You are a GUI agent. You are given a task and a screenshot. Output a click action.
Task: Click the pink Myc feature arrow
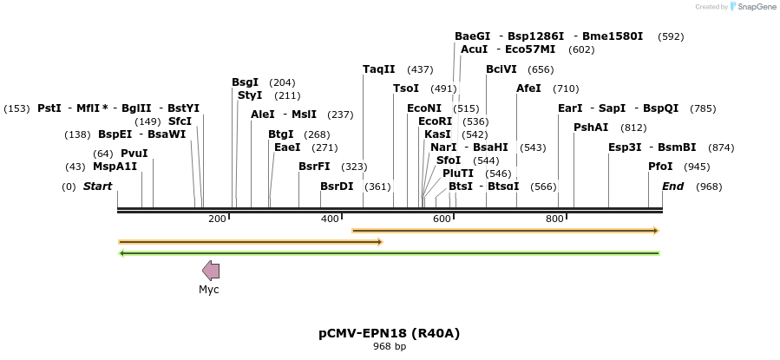coord(211,270)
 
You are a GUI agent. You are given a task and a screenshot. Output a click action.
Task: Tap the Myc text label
coord(209,289)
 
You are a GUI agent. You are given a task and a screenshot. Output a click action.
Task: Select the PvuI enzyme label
coord(134,154)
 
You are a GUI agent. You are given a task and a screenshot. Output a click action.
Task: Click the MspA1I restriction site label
coord(115,167)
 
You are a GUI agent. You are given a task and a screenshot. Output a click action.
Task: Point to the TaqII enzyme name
coord(378,69)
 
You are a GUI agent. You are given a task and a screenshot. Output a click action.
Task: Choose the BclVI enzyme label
coord(501,69)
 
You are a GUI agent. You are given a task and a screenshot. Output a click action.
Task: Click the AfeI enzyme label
coord(528,88)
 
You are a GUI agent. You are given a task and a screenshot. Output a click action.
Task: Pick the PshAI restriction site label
coord(592,128)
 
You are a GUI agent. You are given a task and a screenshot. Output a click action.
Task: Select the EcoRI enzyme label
coord(436,121)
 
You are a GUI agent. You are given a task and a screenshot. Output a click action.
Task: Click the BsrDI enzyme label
coord(338,187)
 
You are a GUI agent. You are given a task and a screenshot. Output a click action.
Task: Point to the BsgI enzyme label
coord(246,82)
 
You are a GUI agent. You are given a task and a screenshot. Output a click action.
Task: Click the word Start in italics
coord(97,187)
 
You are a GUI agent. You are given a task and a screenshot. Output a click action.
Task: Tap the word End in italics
coord(673,187)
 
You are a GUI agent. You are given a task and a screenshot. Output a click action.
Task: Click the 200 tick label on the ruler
coord(217,219)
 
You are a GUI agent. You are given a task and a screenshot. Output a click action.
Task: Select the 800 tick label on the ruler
coord(555,219)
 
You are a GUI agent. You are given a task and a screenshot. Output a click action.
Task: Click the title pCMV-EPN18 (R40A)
coord(389,333)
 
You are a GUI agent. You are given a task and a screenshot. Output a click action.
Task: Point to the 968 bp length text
coord(390,347)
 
